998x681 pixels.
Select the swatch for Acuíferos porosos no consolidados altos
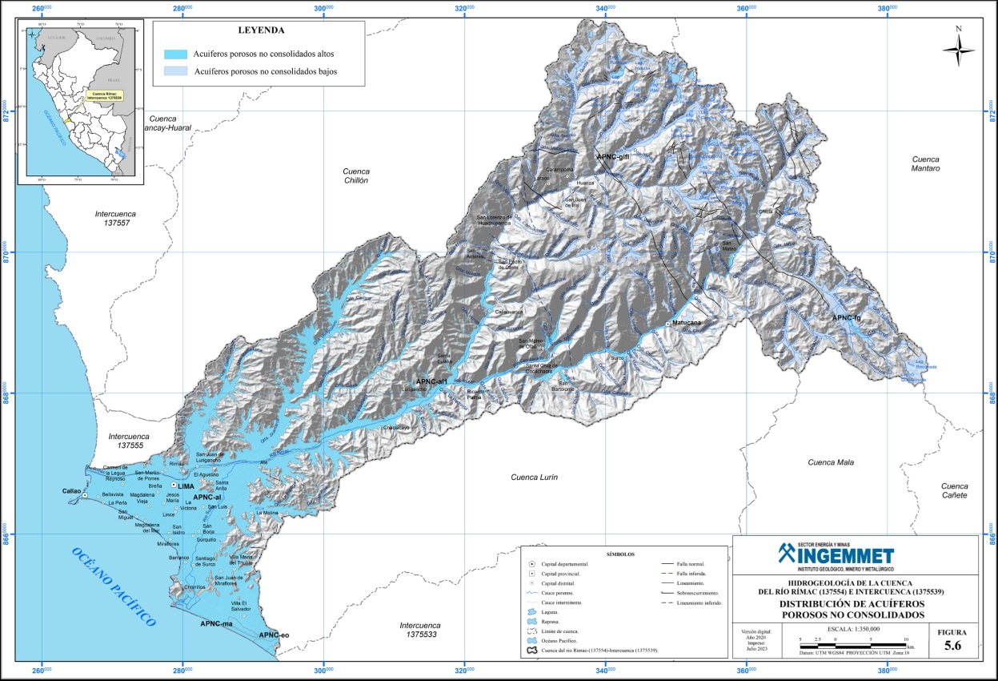176,54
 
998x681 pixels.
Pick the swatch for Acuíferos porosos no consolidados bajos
176,72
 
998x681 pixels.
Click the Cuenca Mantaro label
928,163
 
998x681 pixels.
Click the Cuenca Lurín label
534,478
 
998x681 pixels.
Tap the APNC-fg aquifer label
846,318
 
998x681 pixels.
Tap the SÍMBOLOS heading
621,554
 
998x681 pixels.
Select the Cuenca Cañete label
954,490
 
